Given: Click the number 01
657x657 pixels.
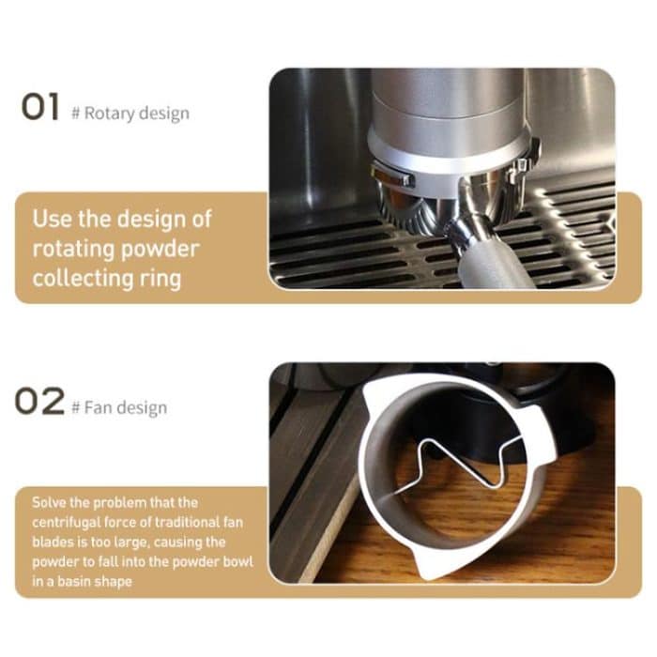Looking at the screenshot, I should [41, 107].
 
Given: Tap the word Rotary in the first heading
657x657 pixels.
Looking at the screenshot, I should [109, 114].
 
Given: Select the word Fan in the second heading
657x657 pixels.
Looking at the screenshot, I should [97, 407].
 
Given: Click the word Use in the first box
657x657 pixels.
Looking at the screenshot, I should [49, 221].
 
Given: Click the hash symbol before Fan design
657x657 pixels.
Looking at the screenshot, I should [75, 407].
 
